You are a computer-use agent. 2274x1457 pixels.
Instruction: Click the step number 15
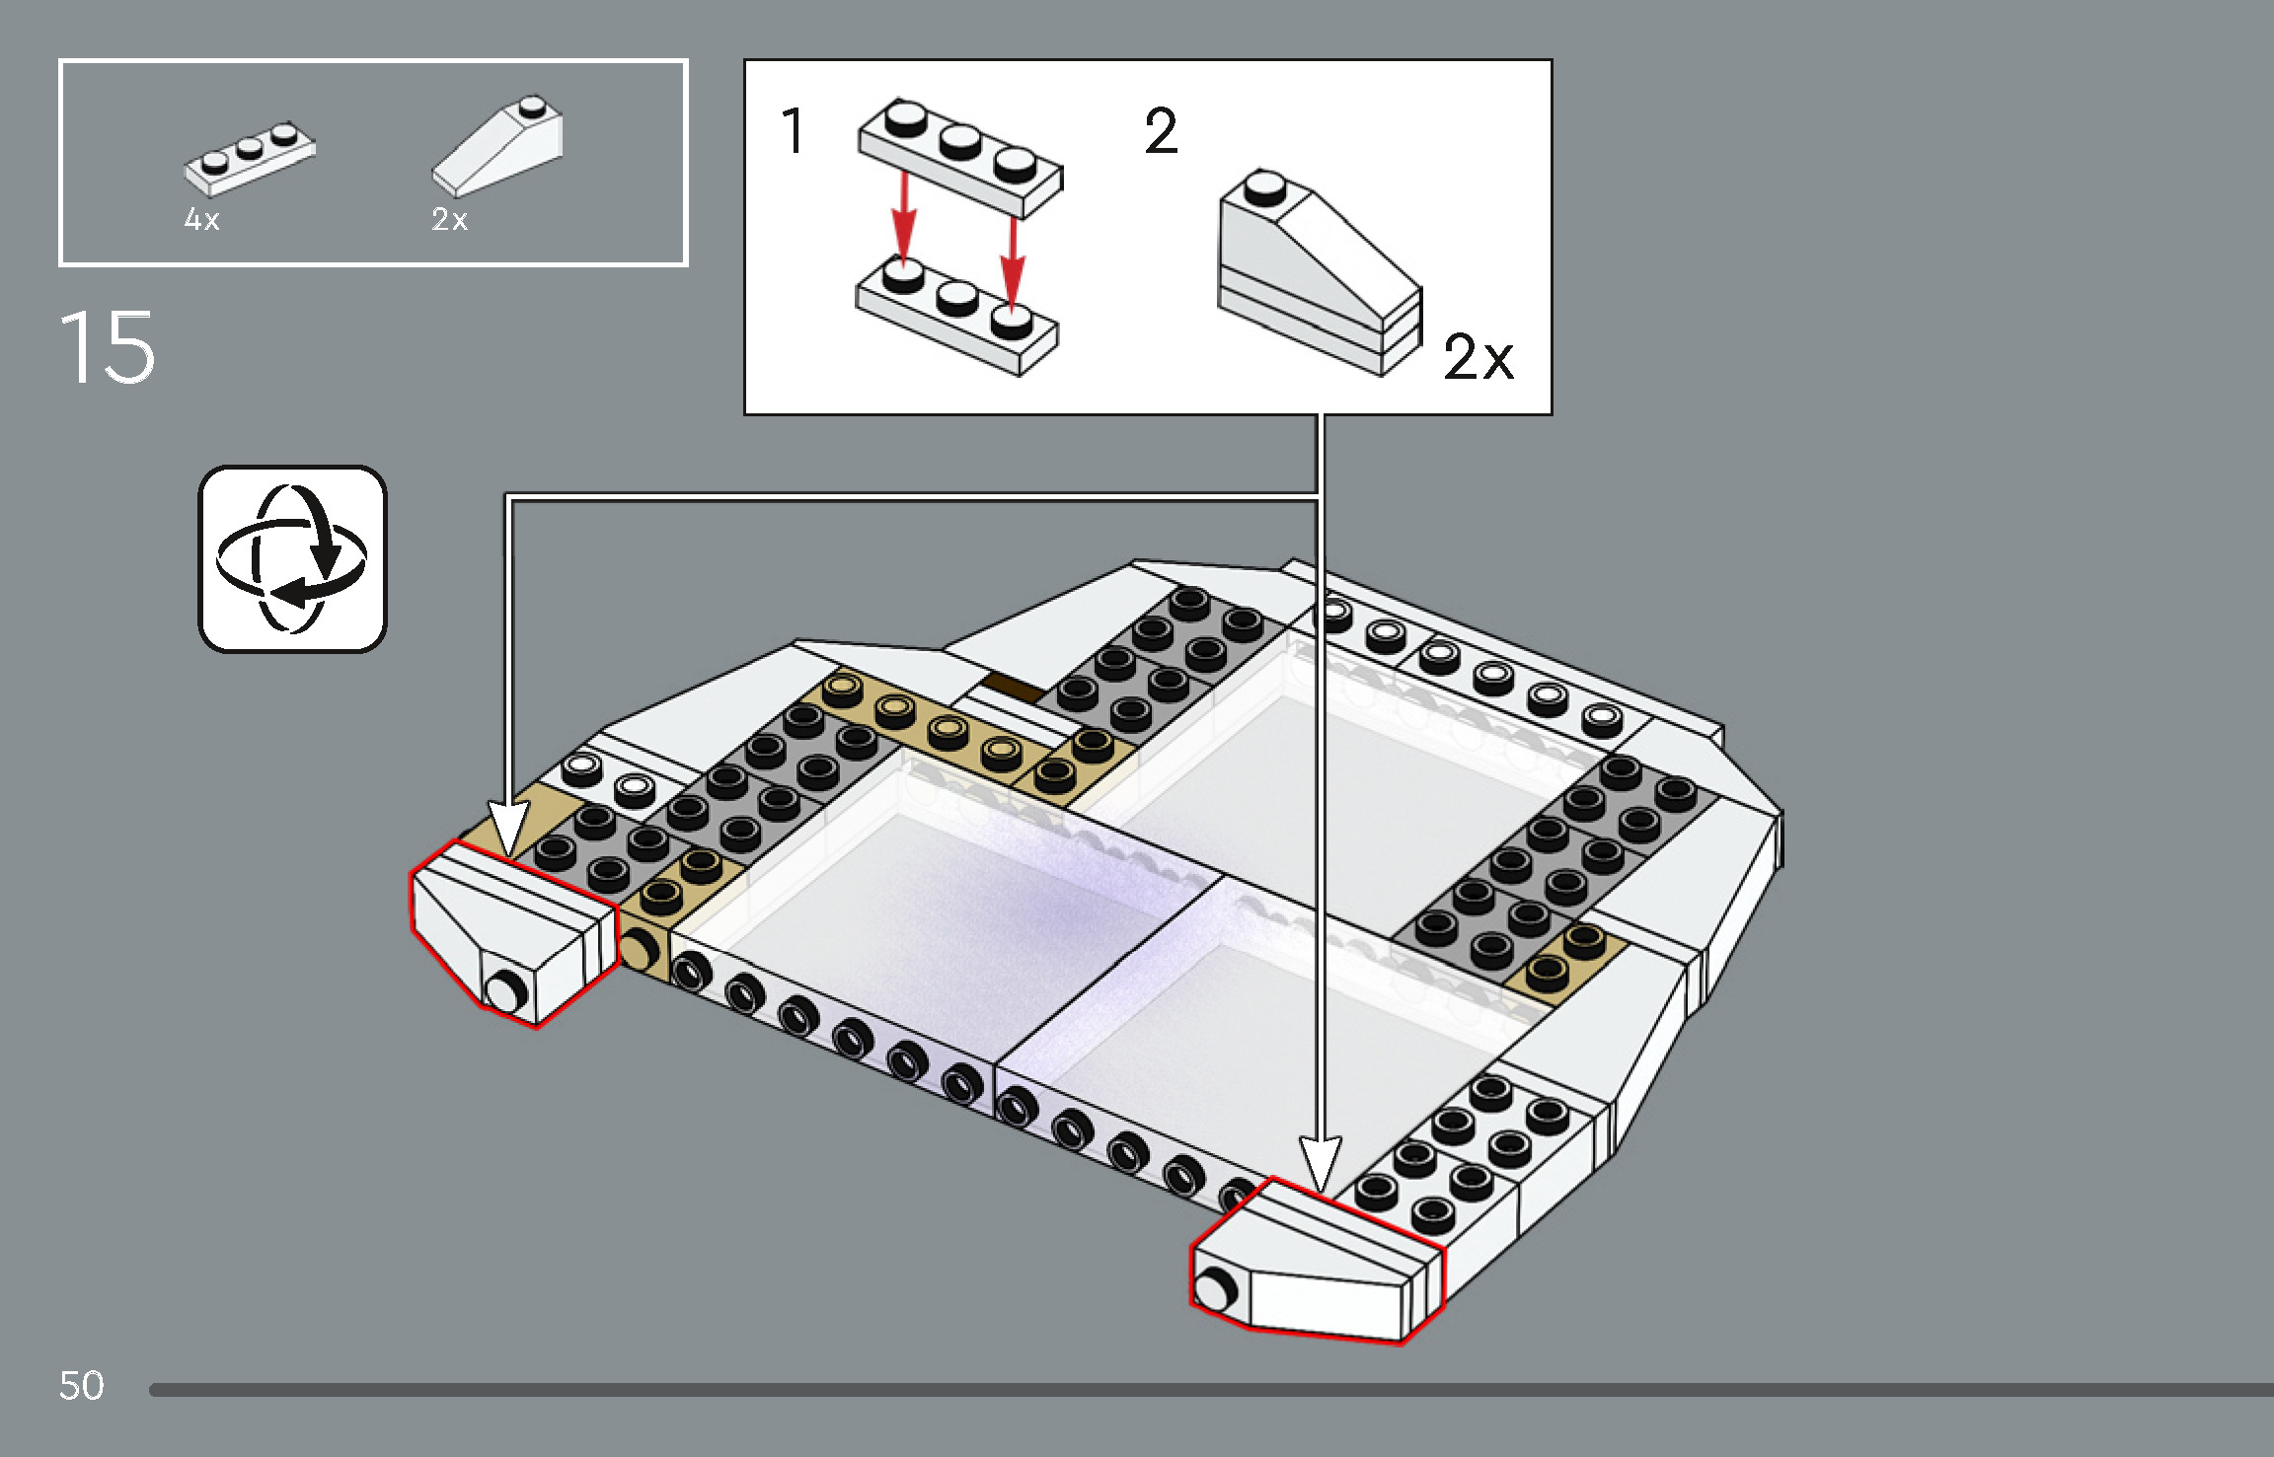[x=107, y=347]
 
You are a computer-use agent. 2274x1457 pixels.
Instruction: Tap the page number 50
[x=81, y=1386]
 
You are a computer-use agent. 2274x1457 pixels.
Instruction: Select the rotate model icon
[x=292, y=558]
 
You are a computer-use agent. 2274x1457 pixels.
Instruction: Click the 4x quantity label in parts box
[x=201, y=220]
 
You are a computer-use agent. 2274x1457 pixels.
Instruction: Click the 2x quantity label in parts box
[x=449, y=220]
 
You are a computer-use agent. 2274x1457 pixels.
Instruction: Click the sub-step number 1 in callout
[x=793, y=132]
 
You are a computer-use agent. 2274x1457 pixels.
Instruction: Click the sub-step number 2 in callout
[x=1161, y=132]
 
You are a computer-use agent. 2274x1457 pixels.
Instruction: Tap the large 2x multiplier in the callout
[x=1477, y=357]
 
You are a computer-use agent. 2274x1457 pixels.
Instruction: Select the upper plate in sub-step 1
[x=960, y=158]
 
